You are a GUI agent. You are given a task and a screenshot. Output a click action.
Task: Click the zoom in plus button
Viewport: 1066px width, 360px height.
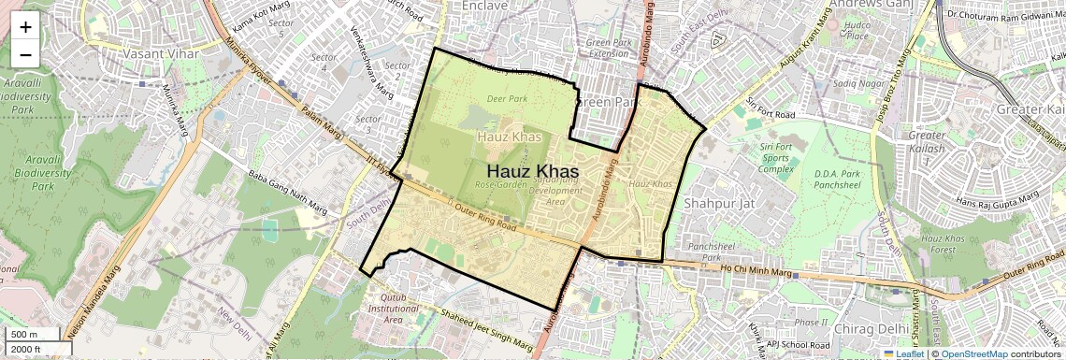coord(25,26)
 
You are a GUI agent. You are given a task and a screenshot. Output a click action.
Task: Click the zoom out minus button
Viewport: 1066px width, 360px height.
coord(25,54)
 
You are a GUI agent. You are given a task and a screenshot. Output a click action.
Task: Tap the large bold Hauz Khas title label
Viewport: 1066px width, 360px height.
coord(532,172)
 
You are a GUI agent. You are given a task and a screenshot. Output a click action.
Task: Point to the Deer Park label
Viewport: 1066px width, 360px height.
coord(506,98)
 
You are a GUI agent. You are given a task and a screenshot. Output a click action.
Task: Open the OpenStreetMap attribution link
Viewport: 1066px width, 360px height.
coord(974,353)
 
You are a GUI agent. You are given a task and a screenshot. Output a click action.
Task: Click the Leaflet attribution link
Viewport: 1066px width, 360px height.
coord(908,353)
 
